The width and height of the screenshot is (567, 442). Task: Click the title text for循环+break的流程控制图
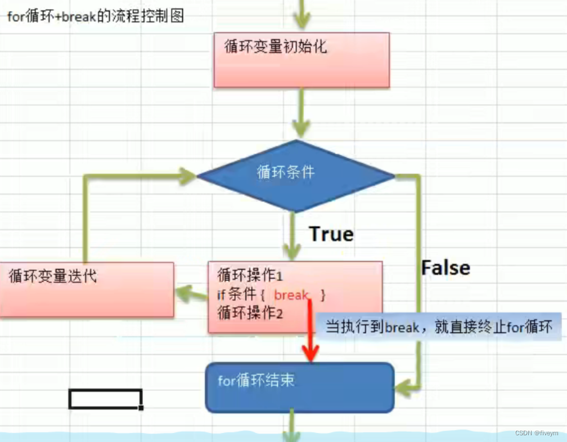pos(95,16)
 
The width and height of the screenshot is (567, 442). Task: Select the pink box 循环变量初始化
pos(301,60)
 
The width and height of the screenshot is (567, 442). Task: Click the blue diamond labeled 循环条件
pos(295,176)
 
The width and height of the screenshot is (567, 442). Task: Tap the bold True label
pos(331,234)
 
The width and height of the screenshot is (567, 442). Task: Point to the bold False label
pos(445,268)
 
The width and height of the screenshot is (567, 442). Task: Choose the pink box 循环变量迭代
pos(87,289)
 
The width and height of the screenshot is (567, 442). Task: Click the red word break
pos(291,295)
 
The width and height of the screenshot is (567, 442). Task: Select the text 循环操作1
pos(250,276)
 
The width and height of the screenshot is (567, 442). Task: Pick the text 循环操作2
pos(250,314)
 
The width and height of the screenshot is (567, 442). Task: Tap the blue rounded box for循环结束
pos(300,387)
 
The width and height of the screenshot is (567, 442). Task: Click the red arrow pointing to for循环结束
pos(310,338)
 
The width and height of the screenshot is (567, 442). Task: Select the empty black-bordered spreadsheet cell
pos(105,399)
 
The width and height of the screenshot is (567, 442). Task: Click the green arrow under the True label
pos(292,236)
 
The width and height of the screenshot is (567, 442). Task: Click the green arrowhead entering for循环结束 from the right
pos(403,386)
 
